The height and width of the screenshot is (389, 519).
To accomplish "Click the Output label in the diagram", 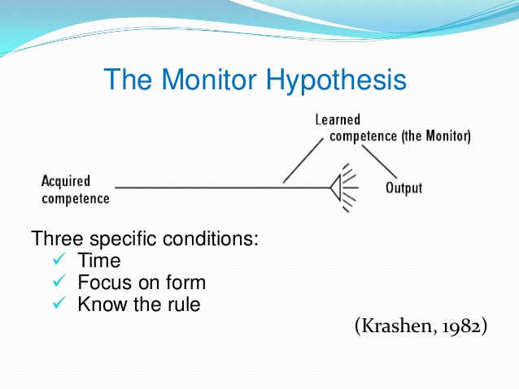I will pos(403,188).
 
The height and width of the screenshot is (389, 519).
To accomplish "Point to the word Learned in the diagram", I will pos(338,120).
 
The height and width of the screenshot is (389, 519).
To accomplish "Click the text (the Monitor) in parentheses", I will pos(435,136).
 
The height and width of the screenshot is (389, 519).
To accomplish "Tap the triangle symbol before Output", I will pos(334,188).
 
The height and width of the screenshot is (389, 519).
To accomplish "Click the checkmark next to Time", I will pos(58,261).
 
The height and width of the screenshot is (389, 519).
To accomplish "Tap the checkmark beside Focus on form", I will pos(58,283).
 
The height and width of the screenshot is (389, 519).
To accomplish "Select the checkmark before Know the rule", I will pos(58,305).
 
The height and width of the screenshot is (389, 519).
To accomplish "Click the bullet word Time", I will pos(99,261).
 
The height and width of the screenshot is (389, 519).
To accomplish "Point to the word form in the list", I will pos(185,283).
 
